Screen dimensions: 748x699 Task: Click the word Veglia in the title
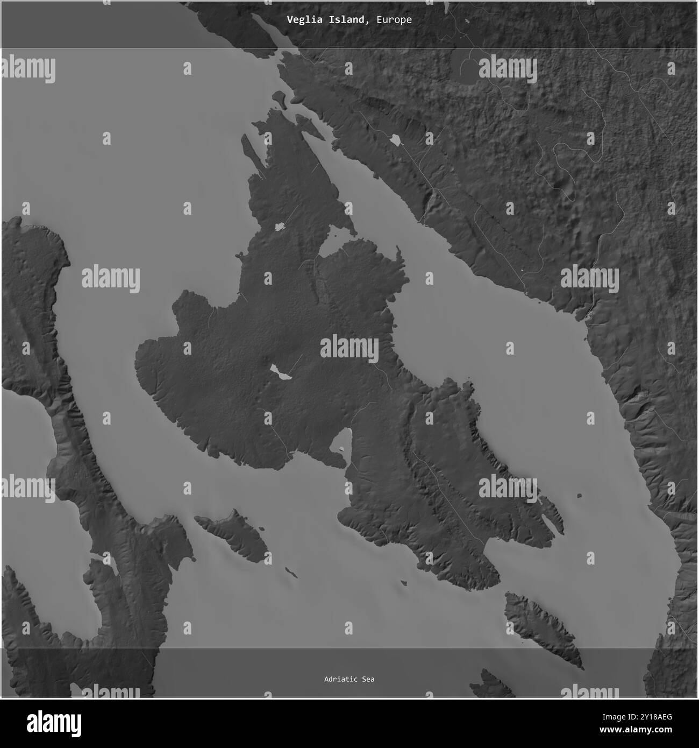(x=301, y=20)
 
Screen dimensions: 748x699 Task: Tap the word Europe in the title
(x=394, y=20)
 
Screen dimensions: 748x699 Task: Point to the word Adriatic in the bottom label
(x=341, y=679)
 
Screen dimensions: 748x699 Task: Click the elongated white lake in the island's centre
(x=281, y=371)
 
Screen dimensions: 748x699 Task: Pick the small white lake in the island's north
(x=279, y=227)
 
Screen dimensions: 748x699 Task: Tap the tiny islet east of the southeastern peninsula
(x=579, y=495)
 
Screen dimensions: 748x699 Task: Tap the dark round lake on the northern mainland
(x=464, y=67)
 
